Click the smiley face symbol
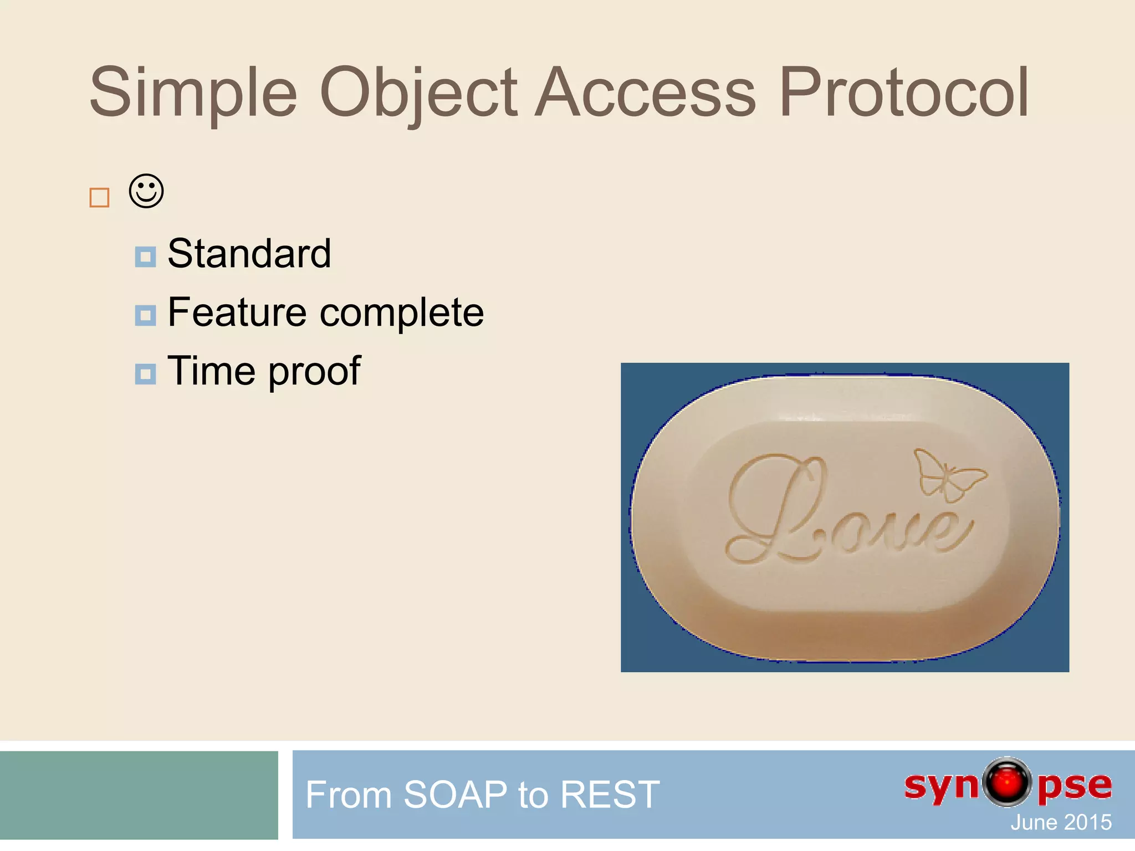coord(146,192)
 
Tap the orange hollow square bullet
coord(99,198)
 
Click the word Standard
coord(249,254)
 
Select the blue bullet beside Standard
coord(145,257)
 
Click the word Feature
coord(237,312)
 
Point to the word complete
coord(402,314)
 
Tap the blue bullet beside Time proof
coord(145,374)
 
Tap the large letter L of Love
coord(776,510)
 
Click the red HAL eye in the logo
coord(1007,782)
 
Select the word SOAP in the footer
coord(455,794)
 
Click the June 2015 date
coord(1061,822)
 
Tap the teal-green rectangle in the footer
coord(139,795)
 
